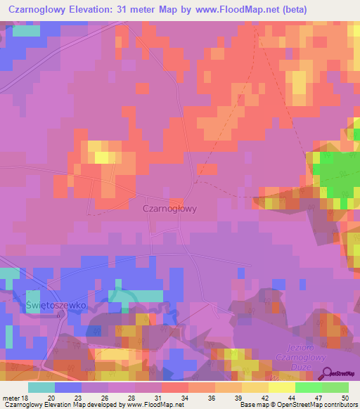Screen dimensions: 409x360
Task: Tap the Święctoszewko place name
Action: pyautogui.click(x=55, y=306)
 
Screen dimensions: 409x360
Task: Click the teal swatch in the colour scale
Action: pyautogui.click(x=41, y=387)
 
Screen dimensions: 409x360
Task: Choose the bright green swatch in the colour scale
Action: pyautogui.click(x=308, y=387)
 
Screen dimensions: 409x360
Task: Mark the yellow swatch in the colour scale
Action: pyautogui.click(x=281, y=387)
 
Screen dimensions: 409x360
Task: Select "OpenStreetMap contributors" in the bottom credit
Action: pyautogui.click(x=318, y=405)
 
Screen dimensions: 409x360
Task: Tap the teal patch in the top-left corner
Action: pyautogui.click(x=27, y=30)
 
